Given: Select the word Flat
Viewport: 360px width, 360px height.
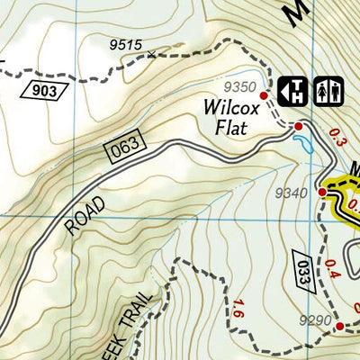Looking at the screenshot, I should (231, 127).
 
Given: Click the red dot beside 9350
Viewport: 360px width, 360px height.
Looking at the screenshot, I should (264, 95).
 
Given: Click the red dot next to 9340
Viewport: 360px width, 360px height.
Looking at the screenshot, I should (321, 192).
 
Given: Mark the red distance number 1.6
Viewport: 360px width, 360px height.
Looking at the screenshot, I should (238, 308).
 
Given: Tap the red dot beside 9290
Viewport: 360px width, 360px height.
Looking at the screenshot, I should (340, 327).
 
